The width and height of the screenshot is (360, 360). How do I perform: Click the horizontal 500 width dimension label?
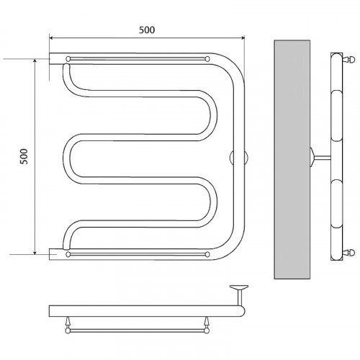pos(147,30)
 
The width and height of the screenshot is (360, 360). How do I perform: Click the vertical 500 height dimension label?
pos(24,156)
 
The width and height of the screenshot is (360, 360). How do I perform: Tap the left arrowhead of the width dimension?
pos(51,37)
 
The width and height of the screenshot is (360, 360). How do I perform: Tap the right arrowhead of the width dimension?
pos(243,37)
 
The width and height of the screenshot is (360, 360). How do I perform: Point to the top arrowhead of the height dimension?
pos(35,60)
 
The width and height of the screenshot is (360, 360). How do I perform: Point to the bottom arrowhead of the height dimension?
pos(35,252)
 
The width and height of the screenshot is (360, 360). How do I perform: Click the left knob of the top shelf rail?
pos(68,59)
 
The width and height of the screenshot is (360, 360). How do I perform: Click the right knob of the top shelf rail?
pos(207,59)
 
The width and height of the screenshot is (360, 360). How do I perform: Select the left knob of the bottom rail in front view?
pos(68,254)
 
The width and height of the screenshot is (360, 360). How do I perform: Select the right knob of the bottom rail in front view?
pos(207,254)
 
